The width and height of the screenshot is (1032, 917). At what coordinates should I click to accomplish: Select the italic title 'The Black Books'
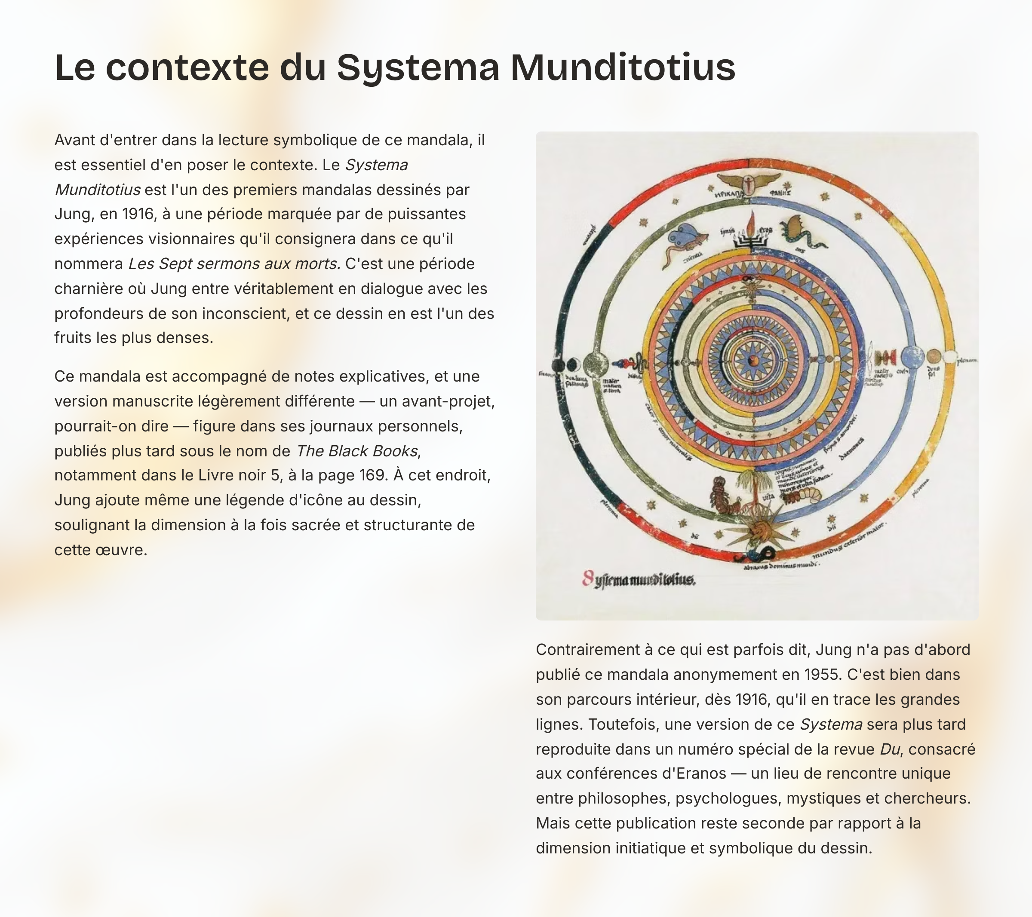[357, 451]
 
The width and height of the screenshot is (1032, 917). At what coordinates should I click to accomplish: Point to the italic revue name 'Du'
[890, 749]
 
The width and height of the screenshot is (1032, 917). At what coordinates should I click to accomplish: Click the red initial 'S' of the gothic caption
[587, 578]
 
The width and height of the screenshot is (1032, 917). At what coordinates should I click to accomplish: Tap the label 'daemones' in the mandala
[851, 449]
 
